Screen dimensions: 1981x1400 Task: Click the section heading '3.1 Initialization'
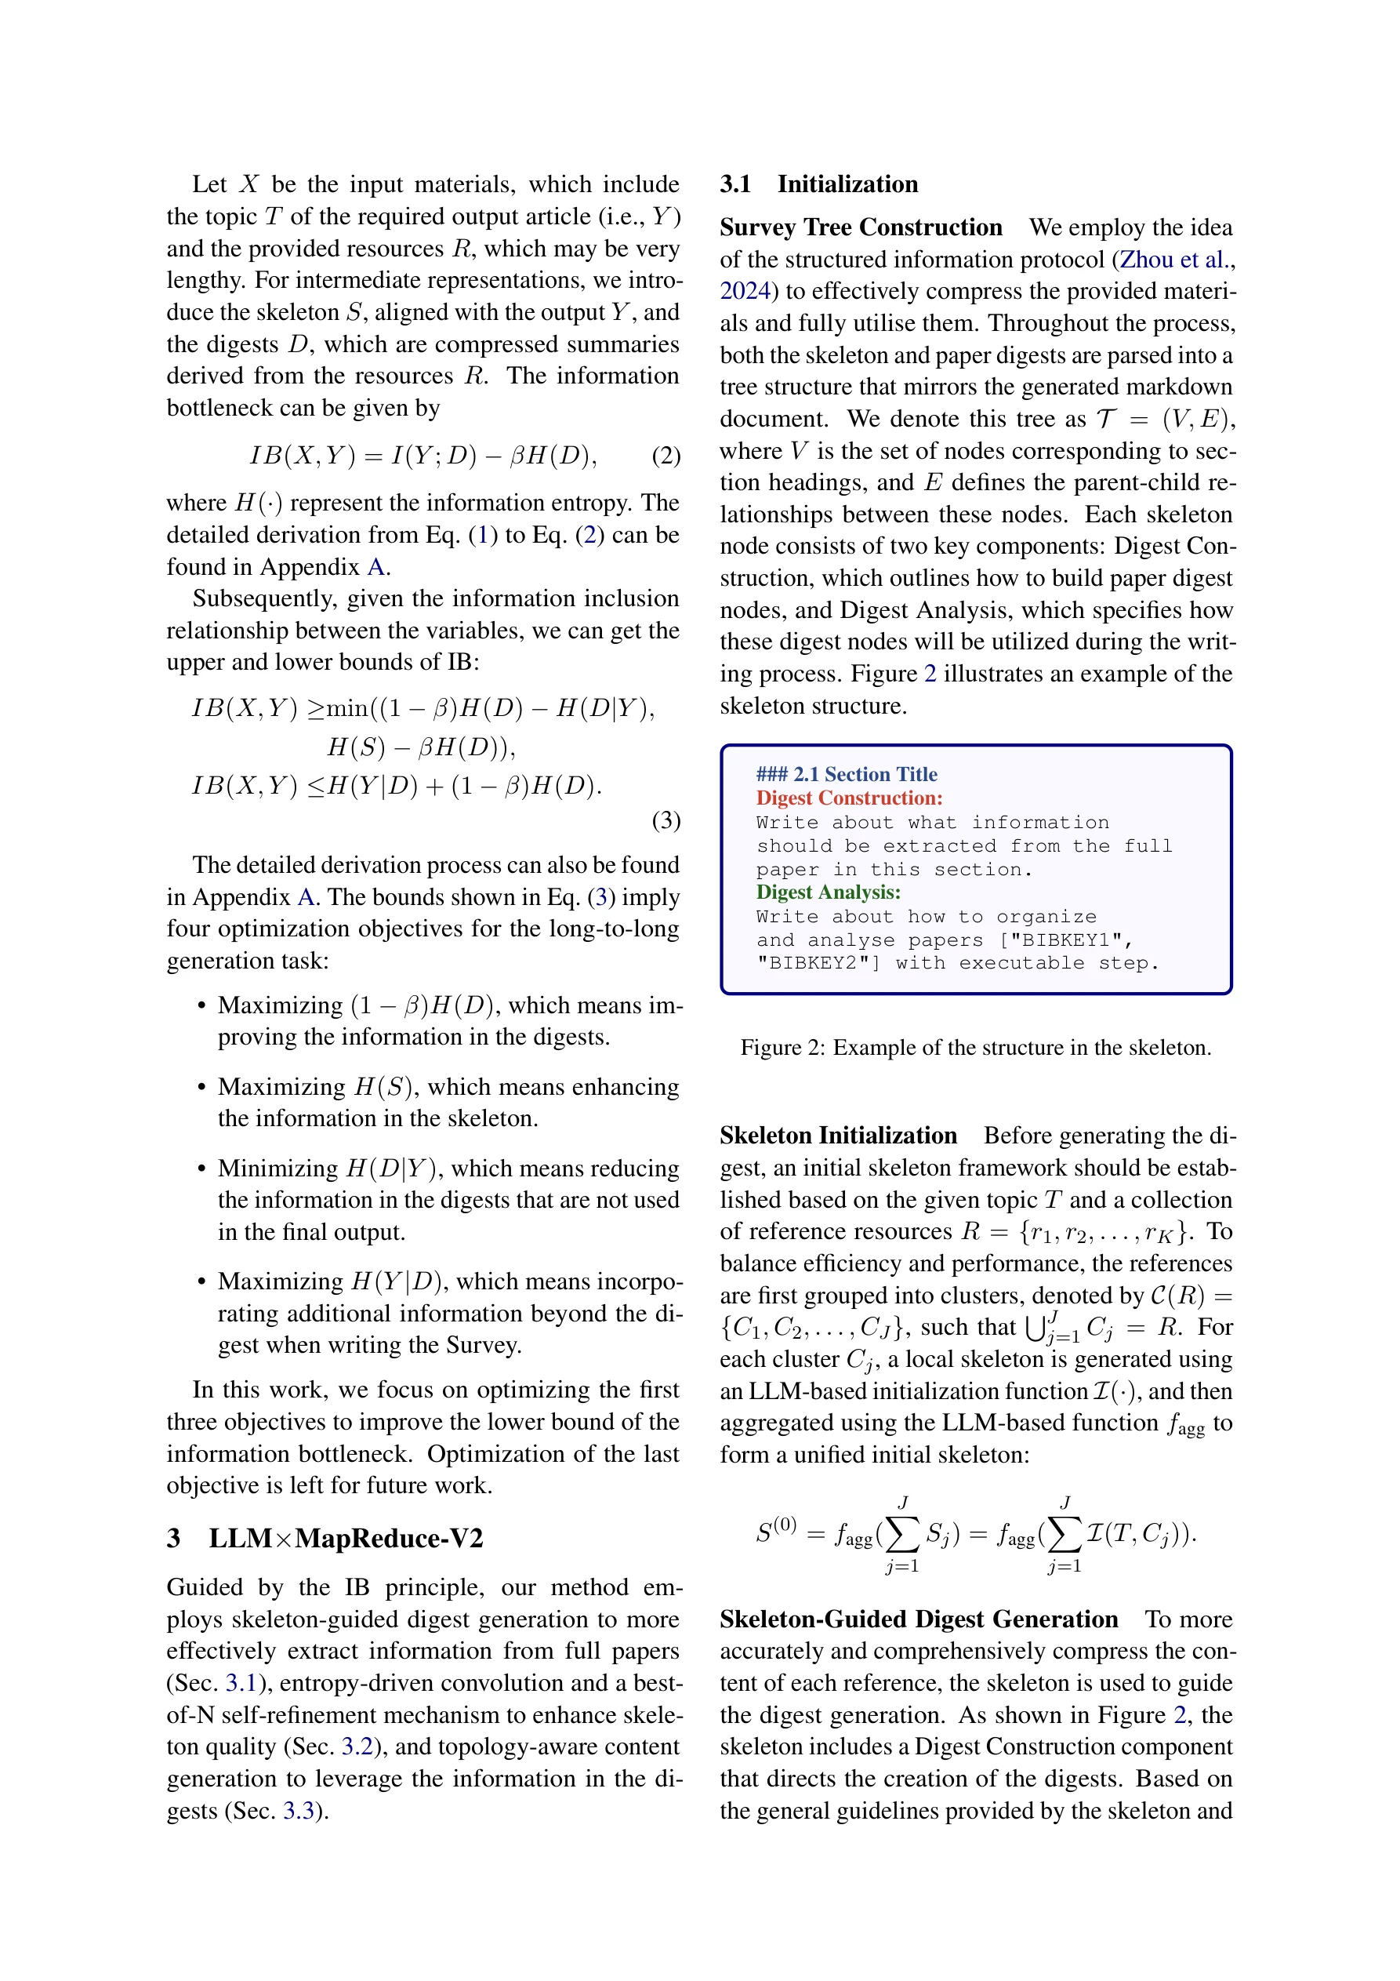pos(818,184)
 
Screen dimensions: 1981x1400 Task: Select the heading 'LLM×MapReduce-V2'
pos(345,1538)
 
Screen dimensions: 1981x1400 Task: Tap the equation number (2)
pos(666,455)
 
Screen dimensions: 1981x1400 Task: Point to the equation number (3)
pos(666,820)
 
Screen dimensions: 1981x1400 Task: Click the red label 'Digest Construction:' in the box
pos(849,798)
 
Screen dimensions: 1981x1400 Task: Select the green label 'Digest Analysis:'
pos(828,892)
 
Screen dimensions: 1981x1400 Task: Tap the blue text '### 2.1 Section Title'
pos(847,774)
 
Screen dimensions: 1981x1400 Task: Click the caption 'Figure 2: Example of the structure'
pos(976,1048)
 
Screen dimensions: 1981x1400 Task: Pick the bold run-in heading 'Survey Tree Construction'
pos(861,227)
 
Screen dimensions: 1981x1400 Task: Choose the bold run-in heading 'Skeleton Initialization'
pos(839,1136)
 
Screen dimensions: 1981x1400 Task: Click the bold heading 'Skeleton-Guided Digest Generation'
pos(919,1619)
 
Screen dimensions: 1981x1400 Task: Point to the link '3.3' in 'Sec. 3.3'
pos(299,1810)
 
